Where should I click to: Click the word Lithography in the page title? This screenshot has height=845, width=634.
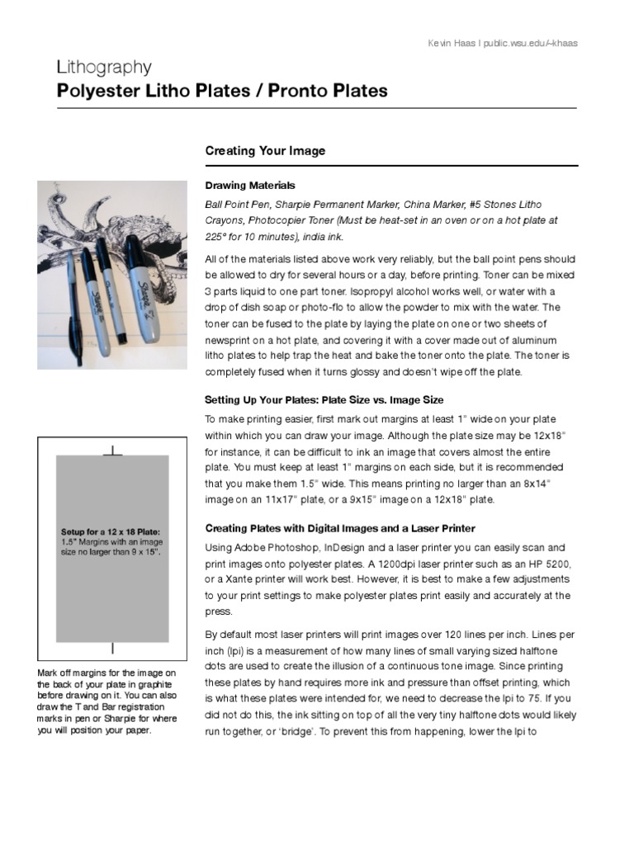pos(104,67)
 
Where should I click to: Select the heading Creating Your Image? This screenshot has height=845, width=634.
pos(265,151)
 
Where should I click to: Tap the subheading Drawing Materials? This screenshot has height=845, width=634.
pos(249,186)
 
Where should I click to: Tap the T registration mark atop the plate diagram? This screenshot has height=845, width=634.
pos(112,451)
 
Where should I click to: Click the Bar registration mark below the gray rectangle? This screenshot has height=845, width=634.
pos(112,649)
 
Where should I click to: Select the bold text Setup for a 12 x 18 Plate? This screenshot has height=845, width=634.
pos(111,532)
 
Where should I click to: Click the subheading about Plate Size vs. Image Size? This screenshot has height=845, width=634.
pos(324,400)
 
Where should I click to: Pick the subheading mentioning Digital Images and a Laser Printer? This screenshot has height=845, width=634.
pos(339,528)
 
